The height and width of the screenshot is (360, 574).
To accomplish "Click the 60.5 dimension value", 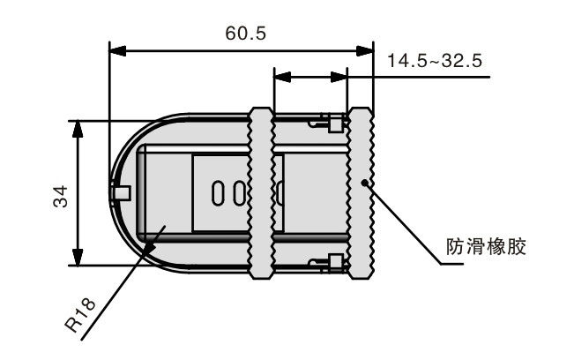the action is click(x=246, y=34).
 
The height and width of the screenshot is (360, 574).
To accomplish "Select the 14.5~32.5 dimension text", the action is click(x=435, y=60).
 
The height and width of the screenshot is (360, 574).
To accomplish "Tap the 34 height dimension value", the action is click(x=61, y=197).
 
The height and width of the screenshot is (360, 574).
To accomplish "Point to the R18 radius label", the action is click(x=80, y=315).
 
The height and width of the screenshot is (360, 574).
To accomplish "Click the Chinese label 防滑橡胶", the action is click(x=486, y=246).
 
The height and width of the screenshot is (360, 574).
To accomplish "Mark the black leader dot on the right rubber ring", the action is click(x=364, y=183).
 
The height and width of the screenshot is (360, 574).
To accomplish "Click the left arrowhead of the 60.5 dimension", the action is click(x=117, y=51).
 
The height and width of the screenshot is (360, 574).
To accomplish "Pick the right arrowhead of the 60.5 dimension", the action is click(x=365, y=51).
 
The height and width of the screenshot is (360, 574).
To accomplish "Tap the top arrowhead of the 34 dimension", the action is click(x=78, y=129).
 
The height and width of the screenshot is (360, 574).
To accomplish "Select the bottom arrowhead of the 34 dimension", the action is click(x=78, y=257).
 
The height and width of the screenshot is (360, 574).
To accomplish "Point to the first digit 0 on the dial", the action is click(x=217, y=193).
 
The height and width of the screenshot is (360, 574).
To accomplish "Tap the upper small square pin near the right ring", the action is click(x=335, y=124).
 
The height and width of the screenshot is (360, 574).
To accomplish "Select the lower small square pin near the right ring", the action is click(x=335, y=262).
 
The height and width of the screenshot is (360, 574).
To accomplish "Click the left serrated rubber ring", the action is click(x=261, y=193).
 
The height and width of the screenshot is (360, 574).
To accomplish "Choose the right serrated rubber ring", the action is click(x=361, y=193).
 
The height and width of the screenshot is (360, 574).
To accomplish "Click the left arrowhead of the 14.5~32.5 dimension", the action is click(x=282, y=77).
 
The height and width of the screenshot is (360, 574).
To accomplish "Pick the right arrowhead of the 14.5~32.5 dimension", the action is click(x=339, y=77).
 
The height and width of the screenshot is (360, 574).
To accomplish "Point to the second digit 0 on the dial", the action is click(x=240, y=193).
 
